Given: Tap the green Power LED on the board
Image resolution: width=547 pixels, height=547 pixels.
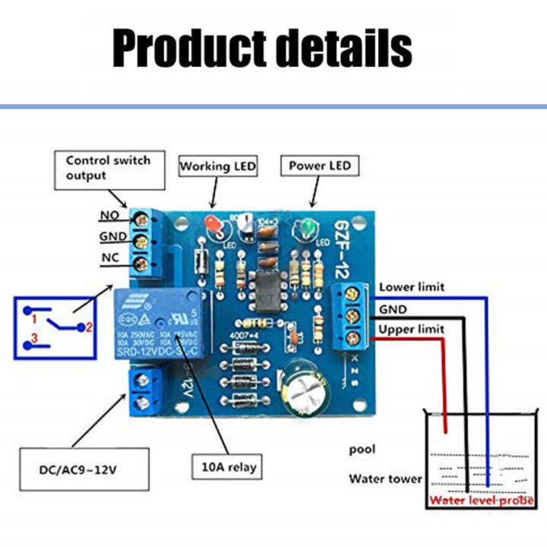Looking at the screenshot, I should tap(308, 228).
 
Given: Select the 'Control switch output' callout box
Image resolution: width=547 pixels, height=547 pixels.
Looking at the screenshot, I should tap(108, 168).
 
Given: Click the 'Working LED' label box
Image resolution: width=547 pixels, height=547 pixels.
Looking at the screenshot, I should tap(218, 166).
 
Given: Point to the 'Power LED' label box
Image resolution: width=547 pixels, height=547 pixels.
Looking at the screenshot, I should tap(319, 166).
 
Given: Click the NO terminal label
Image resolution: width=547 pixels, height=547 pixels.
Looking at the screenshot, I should tap(109, 217).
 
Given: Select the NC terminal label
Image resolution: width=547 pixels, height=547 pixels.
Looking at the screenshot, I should tap(109, 258).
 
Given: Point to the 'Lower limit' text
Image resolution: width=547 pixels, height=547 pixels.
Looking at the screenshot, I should tap(412, 287).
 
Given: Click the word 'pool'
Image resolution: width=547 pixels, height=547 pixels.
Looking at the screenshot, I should tap(363, 450).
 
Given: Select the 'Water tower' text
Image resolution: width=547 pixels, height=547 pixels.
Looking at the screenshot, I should tap(384, 479).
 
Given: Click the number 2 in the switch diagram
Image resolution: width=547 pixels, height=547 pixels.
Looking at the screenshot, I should tap(88, 327).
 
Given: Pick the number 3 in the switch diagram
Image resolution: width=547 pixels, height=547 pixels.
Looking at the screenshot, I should tap(33, 337).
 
